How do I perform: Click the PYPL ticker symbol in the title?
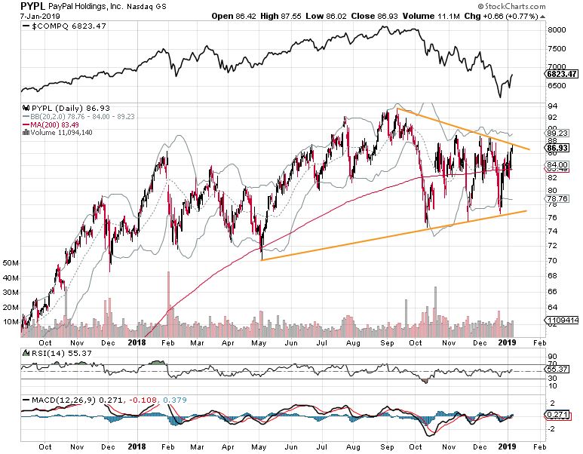(x=33, y=6)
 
